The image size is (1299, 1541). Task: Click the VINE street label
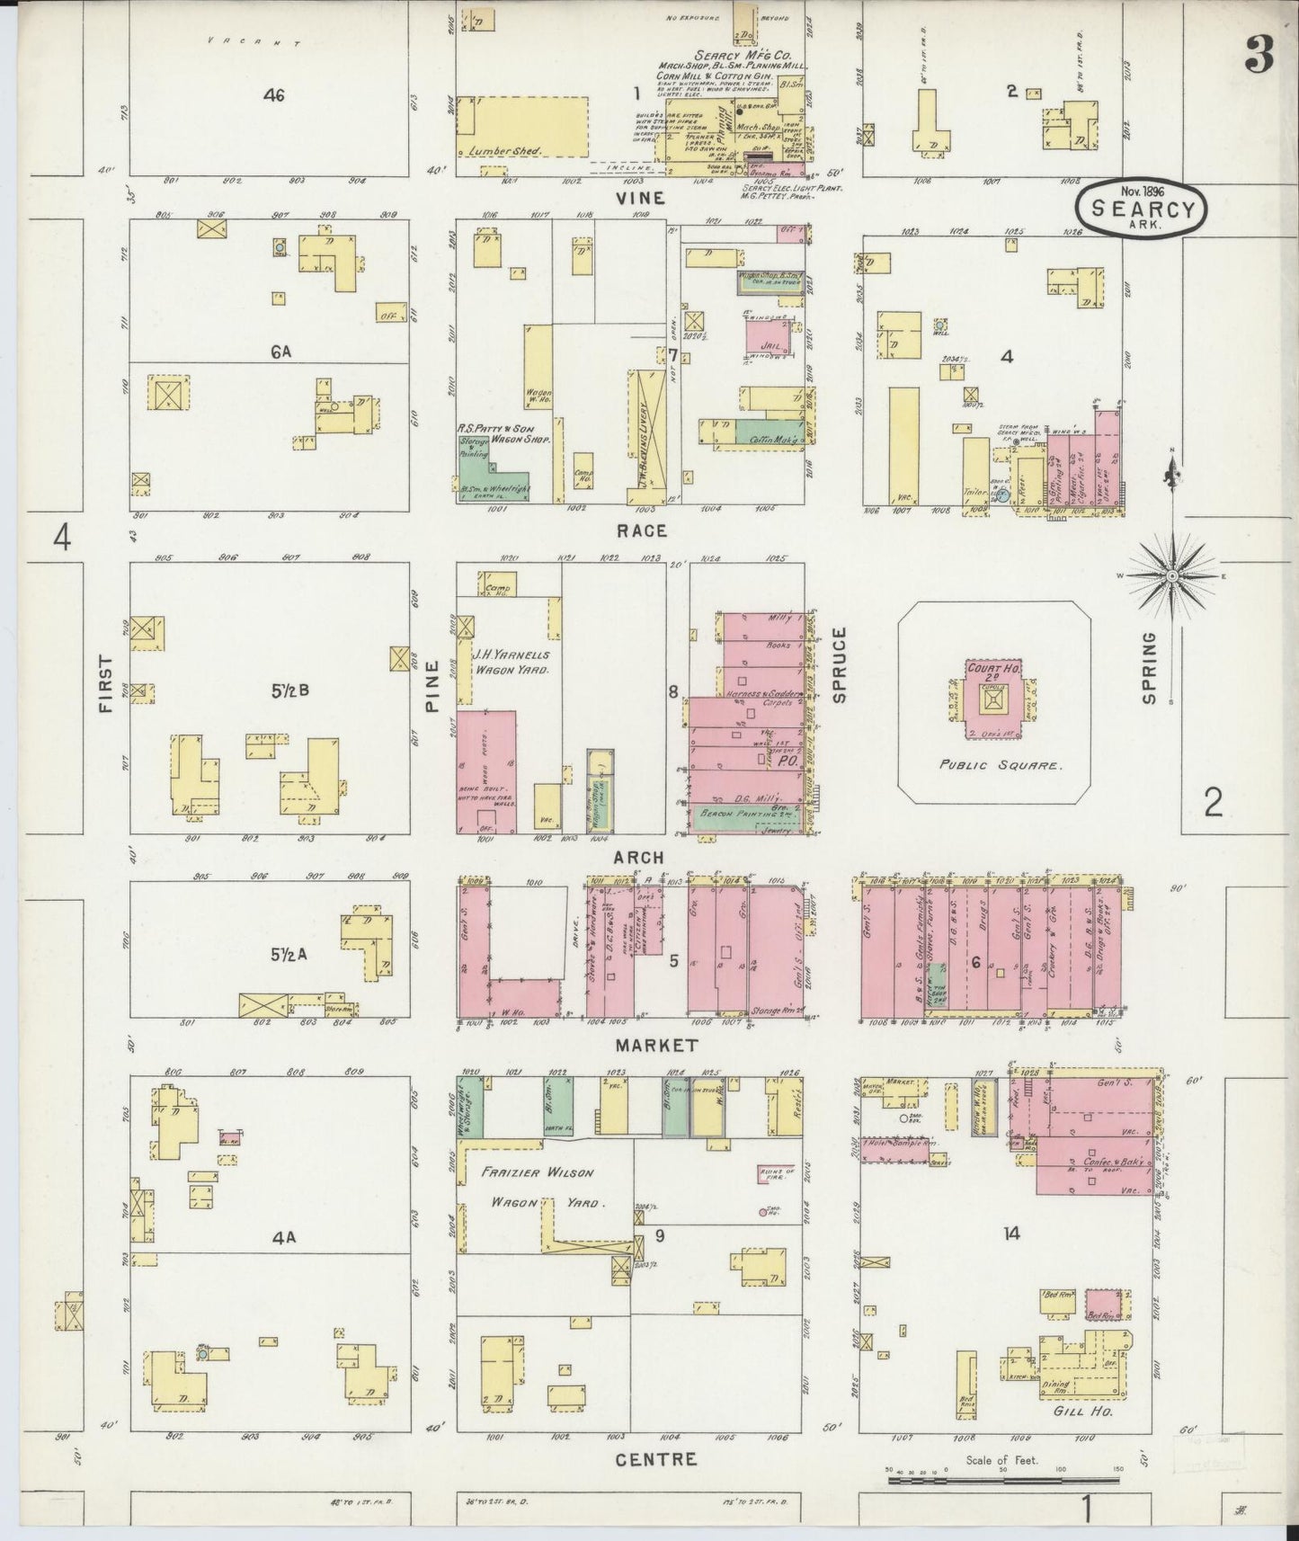[641, 198]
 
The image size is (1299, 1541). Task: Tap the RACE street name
[642, 531]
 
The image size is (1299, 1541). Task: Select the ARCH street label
[638, 858]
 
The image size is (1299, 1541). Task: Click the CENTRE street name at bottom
[655, 1458]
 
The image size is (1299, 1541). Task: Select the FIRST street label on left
[107, 683]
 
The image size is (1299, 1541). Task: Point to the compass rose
[1172, 575]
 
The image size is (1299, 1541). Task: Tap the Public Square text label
[1001, 766]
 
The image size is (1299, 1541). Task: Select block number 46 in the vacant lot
[274, 95]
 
